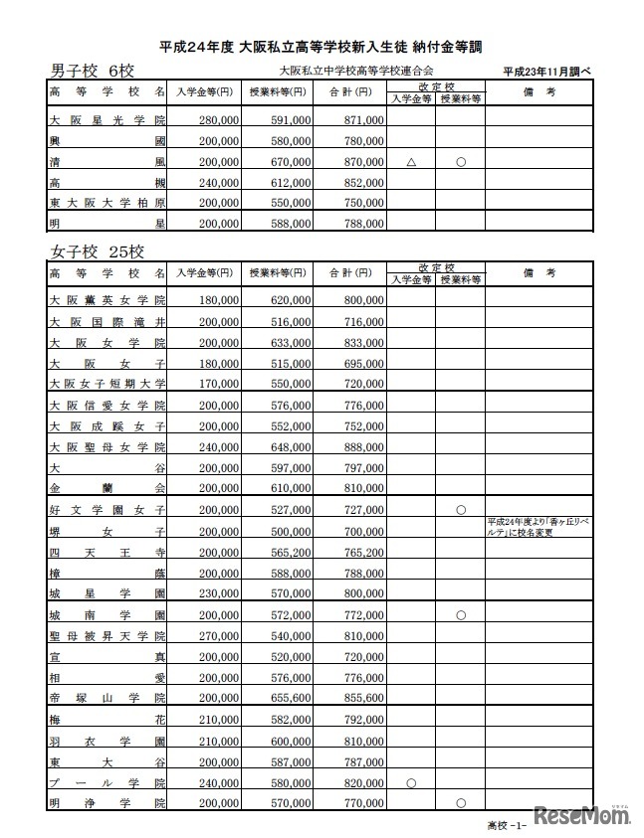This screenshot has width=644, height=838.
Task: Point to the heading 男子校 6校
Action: [92, 71]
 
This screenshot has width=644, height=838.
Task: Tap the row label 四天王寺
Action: [107, 552]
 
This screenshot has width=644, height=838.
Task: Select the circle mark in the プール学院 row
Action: [410, 782]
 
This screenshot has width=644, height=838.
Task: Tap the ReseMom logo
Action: [583, 814]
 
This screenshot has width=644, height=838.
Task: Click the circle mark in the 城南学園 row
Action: [460, 615]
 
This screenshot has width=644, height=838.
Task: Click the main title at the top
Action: [321, 46]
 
